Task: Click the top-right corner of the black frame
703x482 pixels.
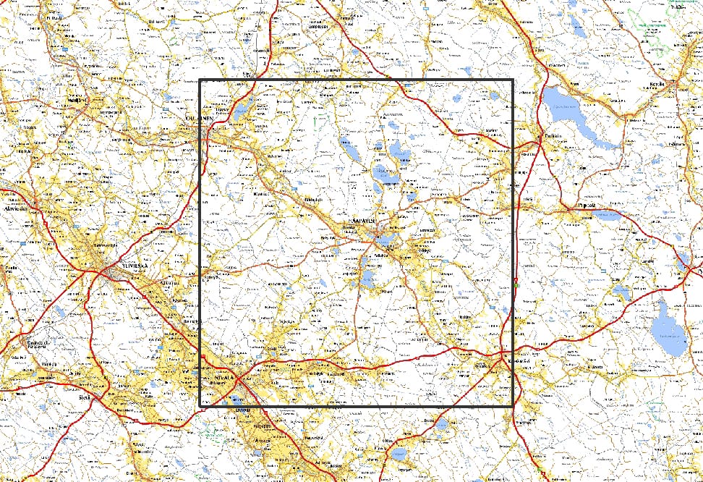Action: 513,80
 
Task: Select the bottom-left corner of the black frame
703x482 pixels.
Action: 199,406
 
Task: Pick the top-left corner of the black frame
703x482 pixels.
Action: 199,80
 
